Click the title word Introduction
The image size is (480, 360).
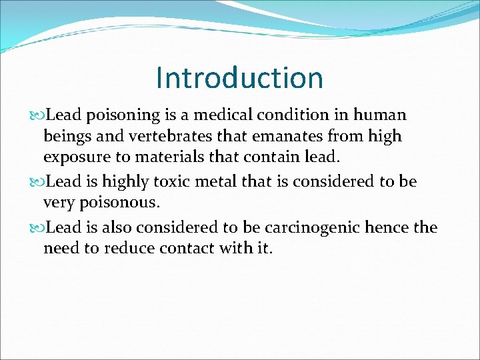pos(239,78)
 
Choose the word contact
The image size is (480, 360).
pos(189,249)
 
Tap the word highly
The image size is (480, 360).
pos(132,181)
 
